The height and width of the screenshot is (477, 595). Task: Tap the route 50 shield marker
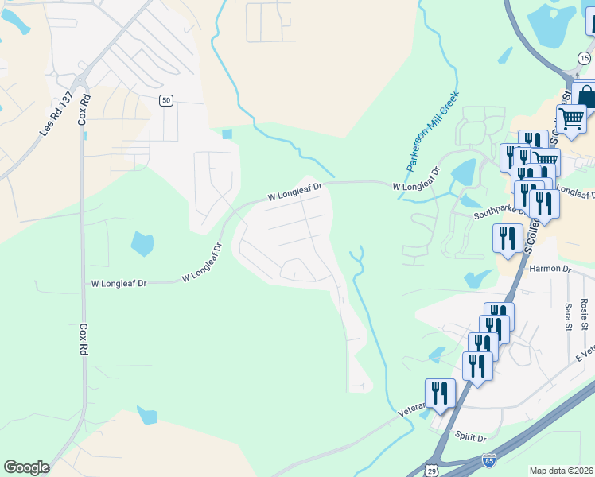point(165,99)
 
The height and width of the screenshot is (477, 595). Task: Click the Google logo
point(26,467)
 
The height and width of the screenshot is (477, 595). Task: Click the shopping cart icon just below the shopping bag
point(570,118)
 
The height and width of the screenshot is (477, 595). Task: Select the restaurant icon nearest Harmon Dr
point(507,238)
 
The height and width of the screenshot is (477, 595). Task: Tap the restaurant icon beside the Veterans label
point(440,393)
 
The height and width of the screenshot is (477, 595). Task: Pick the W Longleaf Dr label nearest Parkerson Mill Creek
point(416,186)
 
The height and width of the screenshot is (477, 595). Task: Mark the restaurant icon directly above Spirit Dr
point(476,366)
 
